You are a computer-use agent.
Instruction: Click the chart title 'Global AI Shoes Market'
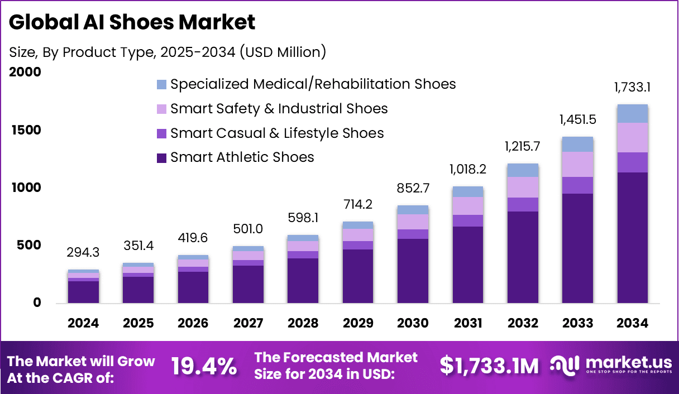tap(132, 22)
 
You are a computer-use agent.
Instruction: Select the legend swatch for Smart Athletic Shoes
tap(162, 158)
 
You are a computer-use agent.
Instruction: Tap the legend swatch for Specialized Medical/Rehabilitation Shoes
tap(162, 85)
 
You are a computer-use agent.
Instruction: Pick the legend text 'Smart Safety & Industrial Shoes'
tap(279, 108)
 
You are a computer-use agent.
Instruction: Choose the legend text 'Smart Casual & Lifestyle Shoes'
tap(277, 133)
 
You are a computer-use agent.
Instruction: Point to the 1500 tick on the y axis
tap(26, 130)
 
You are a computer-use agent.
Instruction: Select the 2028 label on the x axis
tap(302, 324)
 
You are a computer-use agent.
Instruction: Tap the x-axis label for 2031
tap(467, 324)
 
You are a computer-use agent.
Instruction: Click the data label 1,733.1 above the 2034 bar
tap(632, 88)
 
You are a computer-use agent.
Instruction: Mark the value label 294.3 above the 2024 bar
tap(83, 253)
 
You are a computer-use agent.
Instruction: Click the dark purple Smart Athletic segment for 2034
tap(632, 237)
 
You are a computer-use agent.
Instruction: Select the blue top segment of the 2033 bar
tap(577, 145)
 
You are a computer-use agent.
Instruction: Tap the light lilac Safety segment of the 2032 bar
tap(523, 187)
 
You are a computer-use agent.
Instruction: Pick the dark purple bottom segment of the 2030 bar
tap(413, 271)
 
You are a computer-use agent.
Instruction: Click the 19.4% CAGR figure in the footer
tap(203, 366)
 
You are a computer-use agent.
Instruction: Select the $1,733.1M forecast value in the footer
tap(489, 366)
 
